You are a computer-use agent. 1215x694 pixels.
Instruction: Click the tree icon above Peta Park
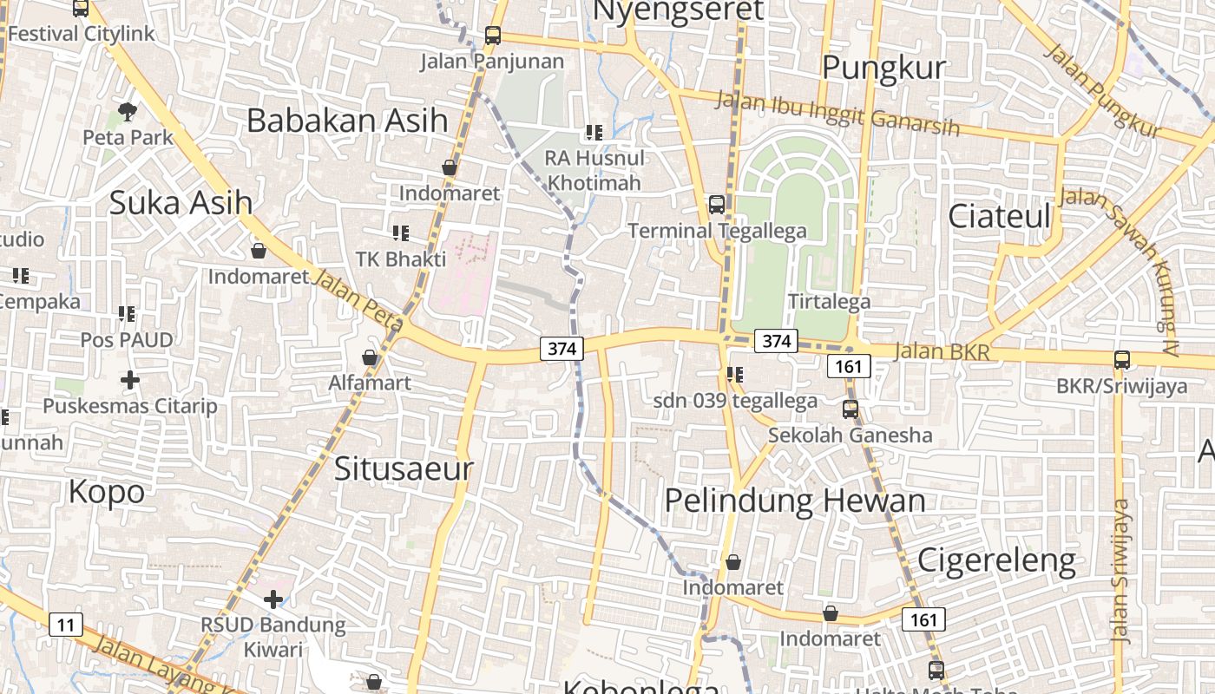128,111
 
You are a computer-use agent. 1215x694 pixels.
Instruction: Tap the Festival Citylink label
81,34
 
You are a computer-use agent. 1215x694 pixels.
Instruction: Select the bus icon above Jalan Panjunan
493,36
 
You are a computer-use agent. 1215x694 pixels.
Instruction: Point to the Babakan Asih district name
347,121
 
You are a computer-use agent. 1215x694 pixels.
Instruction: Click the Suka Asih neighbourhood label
181,203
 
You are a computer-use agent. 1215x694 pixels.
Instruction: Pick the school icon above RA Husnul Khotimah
594,133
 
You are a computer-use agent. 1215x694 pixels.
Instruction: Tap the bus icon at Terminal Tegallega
717,205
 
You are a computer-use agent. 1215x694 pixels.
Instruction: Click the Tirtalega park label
829,302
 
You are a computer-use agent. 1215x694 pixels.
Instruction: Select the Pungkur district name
883,68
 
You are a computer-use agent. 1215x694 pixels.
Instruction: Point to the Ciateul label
999,216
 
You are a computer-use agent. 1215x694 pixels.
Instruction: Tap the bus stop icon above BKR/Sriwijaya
1122,359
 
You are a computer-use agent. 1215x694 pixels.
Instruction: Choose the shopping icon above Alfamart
370,357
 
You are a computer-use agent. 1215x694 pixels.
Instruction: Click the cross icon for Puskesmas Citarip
129,380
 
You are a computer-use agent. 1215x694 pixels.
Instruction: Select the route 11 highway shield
66,624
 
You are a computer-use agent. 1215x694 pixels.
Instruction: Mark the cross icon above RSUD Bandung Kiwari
273,599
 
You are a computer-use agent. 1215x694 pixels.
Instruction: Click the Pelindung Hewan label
795,501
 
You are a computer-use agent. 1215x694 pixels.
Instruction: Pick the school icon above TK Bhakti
400,232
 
